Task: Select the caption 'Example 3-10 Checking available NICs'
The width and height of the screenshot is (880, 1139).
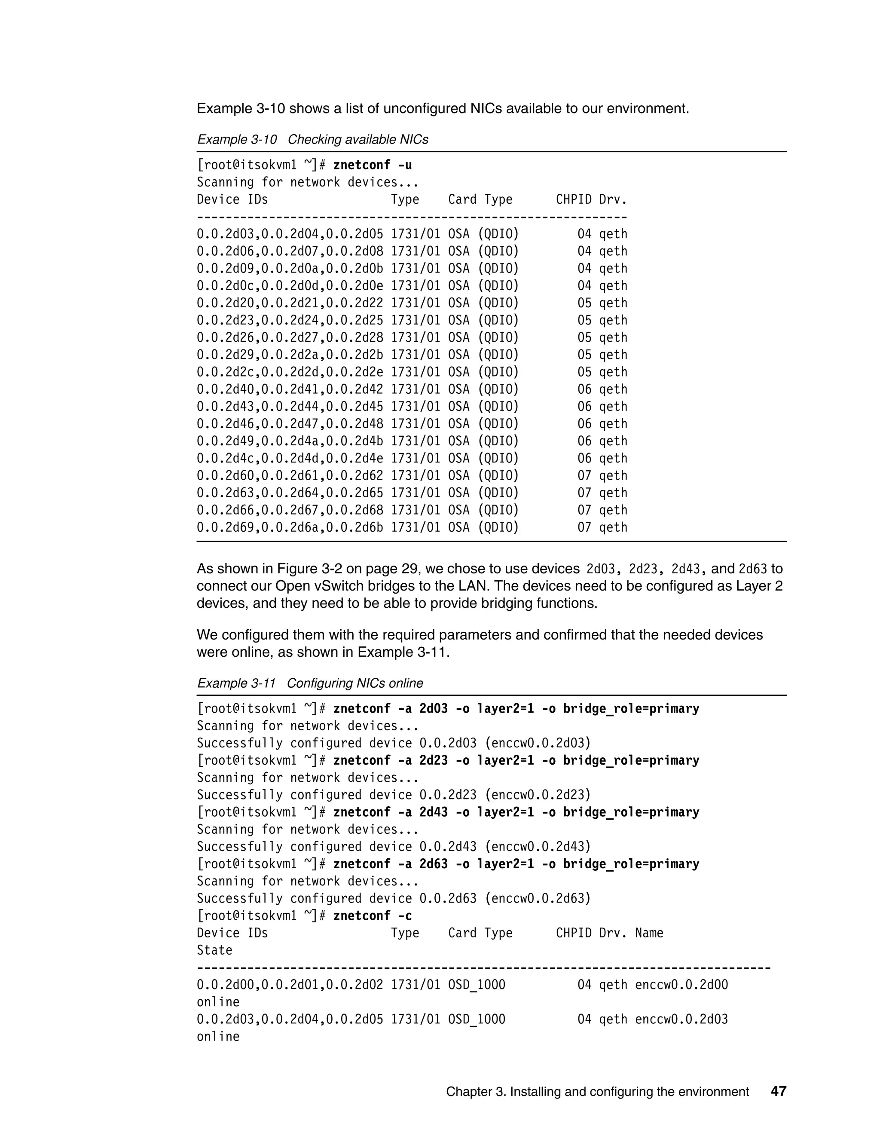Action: [x=312, y=140]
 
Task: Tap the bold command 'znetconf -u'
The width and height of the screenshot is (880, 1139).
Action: [x=372, y=165]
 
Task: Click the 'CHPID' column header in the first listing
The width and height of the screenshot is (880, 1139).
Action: [x=574, y=200]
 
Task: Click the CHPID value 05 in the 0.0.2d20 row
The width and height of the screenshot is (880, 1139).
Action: [x=584, y=303]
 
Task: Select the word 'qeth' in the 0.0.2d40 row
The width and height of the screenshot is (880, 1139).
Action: [x=613, y=389]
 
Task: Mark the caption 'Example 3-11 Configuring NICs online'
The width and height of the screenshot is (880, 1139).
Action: [x=310, y=683]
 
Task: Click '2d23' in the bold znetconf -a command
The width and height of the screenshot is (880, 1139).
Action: [x=433, y=760]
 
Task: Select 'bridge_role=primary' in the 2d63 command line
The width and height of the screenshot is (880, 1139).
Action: [x=631, y=864]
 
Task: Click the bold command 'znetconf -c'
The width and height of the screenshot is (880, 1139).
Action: [x=372, y=916]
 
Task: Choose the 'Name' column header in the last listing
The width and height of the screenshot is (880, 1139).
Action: [x=649, y=933]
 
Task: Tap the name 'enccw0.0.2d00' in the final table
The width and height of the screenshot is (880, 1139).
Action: [x=681, y=985]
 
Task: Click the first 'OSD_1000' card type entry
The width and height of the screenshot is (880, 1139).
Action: [x=477, y=985]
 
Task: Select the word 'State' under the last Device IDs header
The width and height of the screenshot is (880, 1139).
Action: [x=214, y=950]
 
